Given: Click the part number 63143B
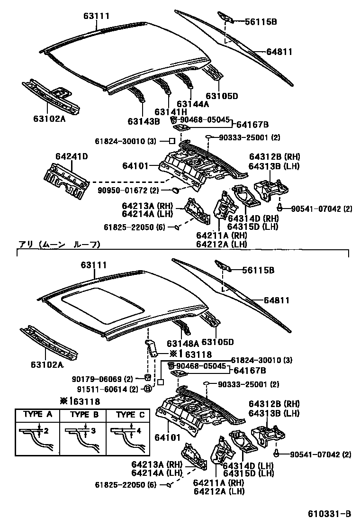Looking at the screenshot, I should point(143,121).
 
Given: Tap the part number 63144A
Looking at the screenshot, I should point(192,103).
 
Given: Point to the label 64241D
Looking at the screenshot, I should point(72,156).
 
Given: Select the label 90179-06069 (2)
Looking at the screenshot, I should point(103,379).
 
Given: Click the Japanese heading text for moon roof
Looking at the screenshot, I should point(59,245).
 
